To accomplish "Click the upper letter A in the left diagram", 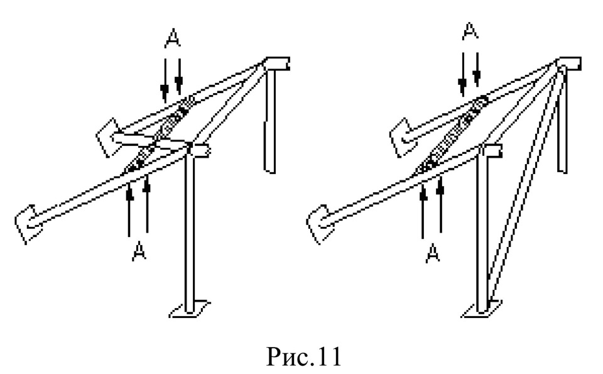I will [173, 39].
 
